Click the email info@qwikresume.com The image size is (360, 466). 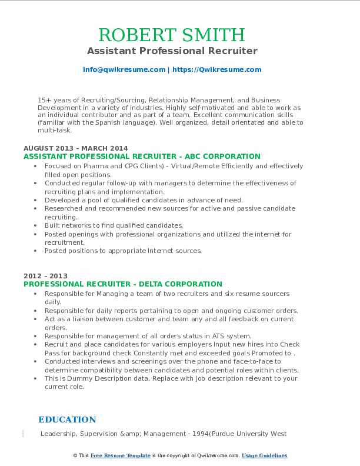[x=124, y=69]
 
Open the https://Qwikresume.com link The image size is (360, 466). [x=216, y=69]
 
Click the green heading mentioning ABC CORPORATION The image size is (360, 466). [x=142, y=157]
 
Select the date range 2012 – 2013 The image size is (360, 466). [x=45, y=276]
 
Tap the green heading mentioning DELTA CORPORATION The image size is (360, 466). [x=123, y=284]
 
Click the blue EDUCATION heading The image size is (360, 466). [x=67, y=420]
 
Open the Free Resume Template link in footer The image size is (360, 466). [x=121, y=455]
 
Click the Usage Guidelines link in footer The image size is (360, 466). [x=264, y=455]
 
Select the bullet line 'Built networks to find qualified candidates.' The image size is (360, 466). [x=114, y=225]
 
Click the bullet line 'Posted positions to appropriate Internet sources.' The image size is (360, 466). [x=123, y=251]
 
